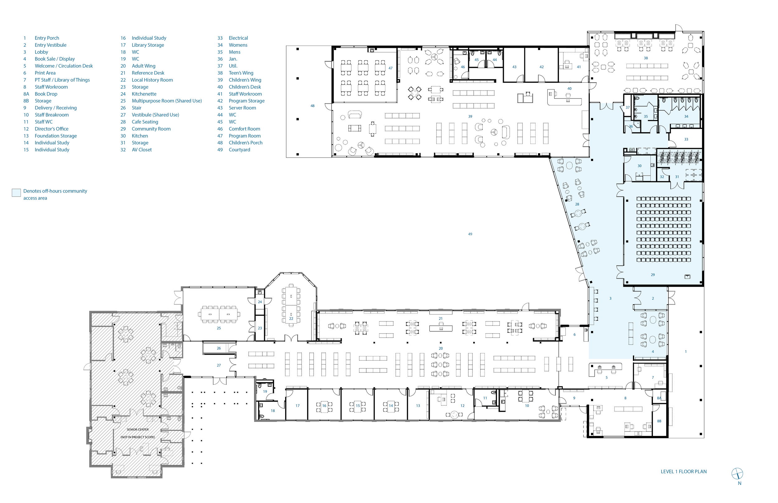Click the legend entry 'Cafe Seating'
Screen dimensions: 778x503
tap(145, 122)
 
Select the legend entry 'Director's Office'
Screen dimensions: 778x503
tap(52, 129)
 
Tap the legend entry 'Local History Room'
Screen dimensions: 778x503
tap(152, 80)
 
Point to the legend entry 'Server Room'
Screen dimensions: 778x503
tap(242, 108)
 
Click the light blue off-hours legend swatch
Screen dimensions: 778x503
tap(16, 192)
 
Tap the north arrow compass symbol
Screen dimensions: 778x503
tap(737, 473)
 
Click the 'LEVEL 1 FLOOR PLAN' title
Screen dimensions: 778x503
tap(683, 472)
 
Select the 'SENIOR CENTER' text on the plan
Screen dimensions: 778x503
tap(138, 430)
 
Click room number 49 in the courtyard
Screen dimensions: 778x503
tap(470, 234)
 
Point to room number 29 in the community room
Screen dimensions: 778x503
tap(653, 275)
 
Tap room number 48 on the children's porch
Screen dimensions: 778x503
tap(312, 106)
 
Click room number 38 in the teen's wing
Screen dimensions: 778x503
tap(646, 58)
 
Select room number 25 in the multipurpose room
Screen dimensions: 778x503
tap(219, 328)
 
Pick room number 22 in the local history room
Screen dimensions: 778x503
tap(291, 318)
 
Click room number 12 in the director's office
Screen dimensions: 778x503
tap(462, 406)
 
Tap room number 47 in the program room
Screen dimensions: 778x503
tap(390, 68)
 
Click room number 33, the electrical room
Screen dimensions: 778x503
tap(686, 140)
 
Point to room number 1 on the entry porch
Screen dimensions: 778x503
tap(686, 352)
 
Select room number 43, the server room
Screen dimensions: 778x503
tap(514, 67)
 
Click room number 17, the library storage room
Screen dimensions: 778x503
tap(298, 406)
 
